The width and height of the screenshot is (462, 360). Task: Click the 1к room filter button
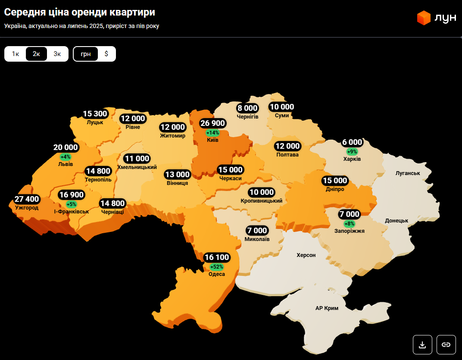pyautogui.click(x=15, y=54)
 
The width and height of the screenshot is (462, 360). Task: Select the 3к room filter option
pyautogui.click(x=57, y=54)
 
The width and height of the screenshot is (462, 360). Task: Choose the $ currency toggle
pyautogui.click(x=106, y=54)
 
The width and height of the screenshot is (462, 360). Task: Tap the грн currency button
pyautogui.click(x=86, y=54)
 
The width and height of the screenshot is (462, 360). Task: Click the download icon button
pyautogui.click(x=422, y=344)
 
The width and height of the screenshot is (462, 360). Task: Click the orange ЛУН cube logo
pyautogui.click(x=424, y=18)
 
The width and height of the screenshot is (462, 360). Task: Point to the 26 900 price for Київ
pyautogui.click(x=212, y=124)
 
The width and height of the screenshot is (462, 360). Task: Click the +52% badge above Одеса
pyautogui.click(x=216, y=267)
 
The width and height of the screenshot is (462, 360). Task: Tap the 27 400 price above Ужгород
pyautogui.click(x=27, y=200)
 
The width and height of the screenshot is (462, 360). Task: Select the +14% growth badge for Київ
pyautogui.click(x=212, y=133)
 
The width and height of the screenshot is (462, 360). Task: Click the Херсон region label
pyautogui.click(x=306, y=255)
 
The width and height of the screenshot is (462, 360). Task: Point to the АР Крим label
pyautogui.click(x=327, y=308)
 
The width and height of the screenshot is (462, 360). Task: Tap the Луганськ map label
pyautogui.click(x=408, y=173)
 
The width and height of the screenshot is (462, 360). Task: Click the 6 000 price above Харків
pyautogui.click(x=352, y=142)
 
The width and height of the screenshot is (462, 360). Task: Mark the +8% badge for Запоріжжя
pyautogui.click(x=349, y=224)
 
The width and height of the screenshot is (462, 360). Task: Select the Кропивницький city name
pyautogui.click(x=262, y=201)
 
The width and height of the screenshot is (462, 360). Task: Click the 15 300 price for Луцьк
pyautogui.click(x=95, y=114)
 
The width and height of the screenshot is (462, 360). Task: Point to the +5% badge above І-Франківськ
pyautogui.click(x=72, y=204)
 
